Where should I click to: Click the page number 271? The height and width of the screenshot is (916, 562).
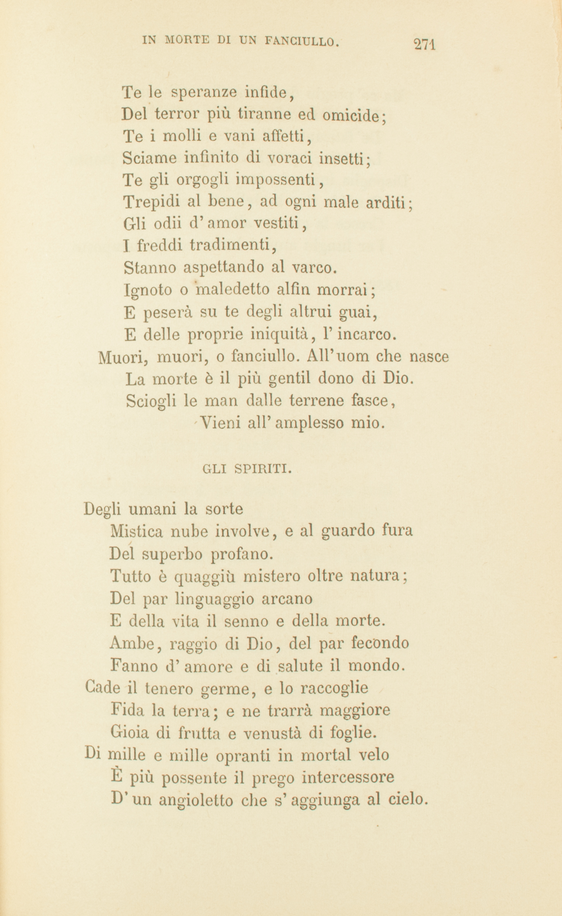click(426, 44)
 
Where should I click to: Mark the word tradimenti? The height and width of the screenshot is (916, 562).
click(232, 245)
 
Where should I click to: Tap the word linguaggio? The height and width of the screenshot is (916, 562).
click(215, 599)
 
